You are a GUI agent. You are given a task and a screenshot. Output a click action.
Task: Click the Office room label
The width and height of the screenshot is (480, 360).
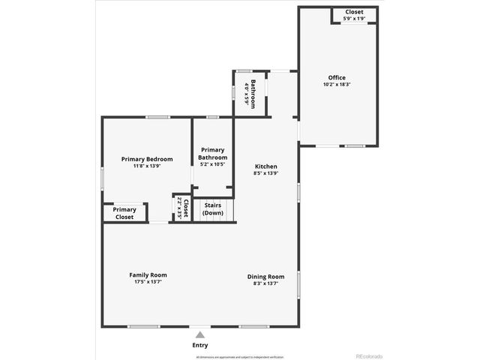[x=337, y=77]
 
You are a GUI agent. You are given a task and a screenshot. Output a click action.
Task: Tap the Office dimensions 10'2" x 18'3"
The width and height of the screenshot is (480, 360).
[x=337, y=84]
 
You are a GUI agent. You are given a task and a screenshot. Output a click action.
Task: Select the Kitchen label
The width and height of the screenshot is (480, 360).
[x=266, y=166]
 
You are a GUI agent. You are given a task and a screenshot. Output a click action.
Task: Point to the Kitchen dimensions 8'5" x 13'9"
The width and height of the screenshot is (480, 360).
[x=266, y=173]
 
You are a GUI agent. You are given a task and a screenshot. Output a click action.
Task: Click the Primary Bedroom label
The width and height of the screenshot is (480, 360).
[x=147, y=159]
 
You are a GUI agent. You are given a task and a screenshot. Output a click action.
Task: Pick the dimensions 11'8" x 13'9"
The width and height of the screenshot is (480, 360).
[x=147, y=166]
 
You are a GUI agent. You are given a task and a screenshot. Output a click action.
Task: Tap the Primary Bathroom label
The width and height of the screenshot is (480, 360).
[x=213, y=154]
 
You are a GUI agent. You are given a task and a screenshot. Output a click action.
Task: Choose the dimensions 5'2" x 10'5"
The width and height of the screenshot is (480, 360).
[x=213, y=164]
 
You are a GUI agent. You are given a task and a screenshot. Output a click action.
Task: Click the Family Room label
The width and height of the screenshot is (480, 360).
[x=148, y=275]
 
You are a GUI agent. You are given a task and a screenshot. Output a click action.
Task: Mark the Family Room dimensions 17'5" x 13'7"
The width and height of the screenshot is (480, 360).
[x=148, y=282]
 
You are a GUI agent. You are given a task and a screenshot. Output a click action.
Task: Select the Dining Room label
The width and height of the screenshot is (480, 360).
[x=266, y=277]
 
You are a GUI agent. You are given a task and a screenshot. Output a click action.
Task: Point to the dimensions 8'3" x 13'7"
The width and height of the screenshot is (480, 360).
[x=266, y=283]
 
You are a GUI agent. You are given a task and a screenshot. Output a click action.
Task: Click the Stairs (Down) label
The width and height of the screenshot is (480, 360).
[x=213, y=208]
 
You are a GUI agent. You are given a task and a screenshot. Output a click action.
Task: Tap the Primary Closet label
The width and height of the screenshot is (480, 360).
[x=124, y=213]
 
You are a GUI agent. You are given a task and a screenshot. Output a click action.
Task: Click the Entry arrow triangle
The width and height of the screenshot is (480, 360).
[x=199, y=335]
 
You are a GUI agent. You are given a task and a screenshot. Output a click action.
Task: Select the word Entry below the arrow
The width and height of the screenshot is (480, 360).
[x=199, y=345]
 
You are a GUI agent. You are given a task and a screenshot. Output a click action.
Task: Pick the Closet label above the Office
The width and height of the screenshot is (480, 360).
[x=354, y=13]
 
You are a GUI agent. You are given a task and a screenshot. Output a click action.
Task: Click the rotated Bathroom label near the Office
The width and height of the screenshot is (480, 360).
[x=254, y=94]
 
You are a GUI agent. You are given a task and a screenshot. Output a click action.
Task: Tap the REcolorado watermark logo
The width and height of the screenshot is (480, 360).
[x=368, y=355]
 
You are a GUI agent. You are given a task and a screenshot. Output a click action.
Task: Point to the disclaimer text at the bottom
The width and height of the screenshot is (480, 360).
[x=240, y=357]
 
